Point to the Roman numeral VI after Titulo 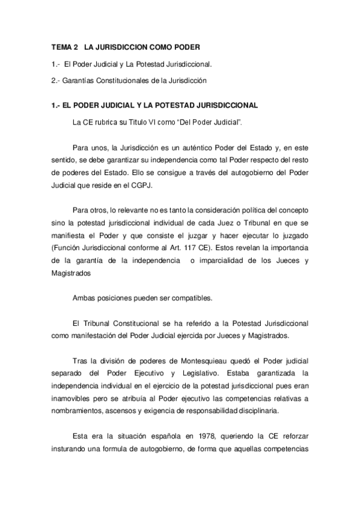click(159, 122)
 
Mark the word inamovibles click(74, 398)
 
